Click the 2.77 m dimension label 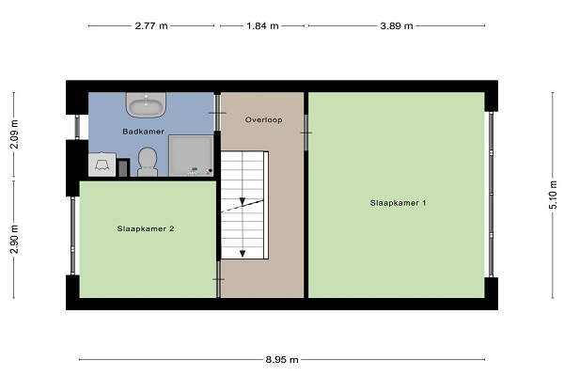coord(151,26)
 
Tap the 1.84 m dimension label coord(262,26)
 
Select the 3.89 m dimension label coord(397,26)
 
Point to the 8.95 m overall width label coord(282,359)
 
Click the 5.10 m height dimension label coord(554,195)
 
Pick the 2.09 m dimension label coord(14,134)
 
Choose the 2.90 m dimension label coord(14,240)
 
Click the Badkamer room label coord(143,132)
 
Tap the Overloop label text coord(263,119)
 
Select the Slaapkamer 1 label coord(398,203)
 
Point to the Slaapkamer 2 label coord(146,228)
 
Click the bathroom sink coord(146,104)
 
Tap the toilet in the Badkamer coord(148,162)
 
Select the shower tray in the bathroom coord(191,155)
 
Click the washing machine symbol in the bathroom coord(102,164)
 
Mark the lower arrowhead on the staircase coord(243,254)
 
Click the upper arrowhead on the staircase coord(243,201)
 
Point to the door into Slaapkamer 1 coord(305,133)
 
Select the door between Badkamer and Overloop coord(217,113)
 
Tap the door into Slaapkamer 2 coord(218,279)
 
